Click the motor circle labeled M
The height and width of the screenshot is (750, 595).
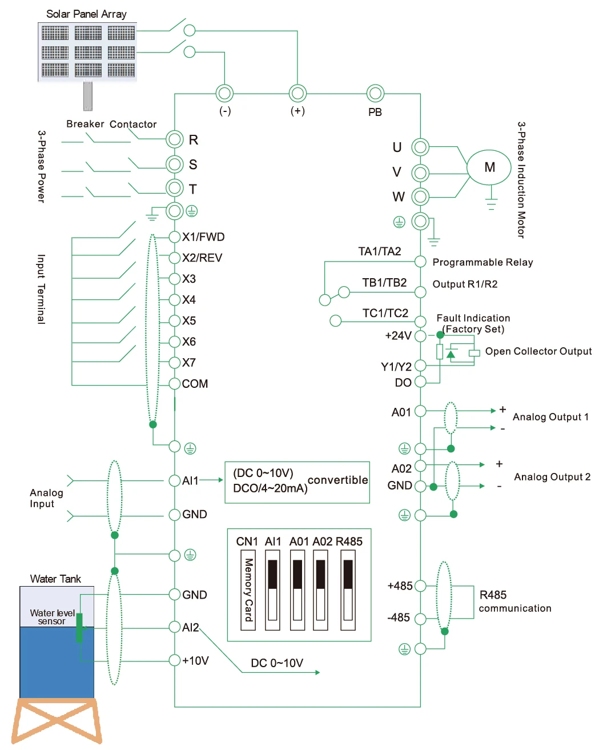(489, 167)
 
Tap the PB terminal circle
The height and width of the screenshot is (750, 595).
(375, 93)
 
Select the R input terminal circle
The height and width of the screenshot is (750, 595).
(174, 139)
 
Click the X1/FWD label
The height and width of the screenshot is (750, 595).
(203, 237)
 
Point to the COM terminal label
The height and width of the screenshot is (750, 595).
(195, 384)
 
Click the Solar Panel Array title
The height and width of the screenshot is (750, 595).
(86, 14)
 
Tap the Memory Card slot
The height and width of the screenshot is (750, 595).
(248, 589)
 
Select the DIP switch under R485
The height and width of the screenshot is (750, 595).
(348, 589)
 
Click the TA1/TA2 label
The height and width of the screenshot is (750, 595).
(380, 251)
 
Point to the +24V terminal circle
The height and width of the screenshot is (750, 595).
(420, 336)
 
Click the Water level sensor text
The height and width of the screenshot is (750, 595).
(52, 617)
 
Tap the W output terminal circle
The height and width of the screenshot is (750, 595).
(420, 197)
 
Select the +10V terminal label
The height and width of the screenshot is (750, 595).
(195, 661)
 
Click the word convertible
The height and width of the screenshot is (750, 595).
(337, 480)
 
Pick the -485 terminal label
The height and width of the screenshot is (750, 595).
(399, 617)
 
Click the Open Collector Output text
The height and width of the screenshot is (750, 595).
(538, 351)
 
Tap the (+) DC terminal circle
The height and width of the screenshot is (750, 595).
(297, 93)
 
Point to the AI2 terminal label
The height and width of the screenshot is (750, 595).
(190, 628)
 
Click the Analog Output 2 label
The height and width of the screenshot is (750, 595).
(552, 477)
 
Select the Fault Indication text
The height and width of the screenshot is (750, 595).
(473, 318)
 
